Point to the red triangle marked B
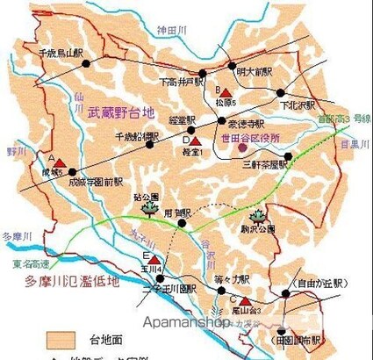tap(226, 94)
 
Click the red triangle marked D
tap(197, 140)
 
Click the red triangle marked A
tap(59, 162)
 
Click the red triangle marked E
tap(155, 257)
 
